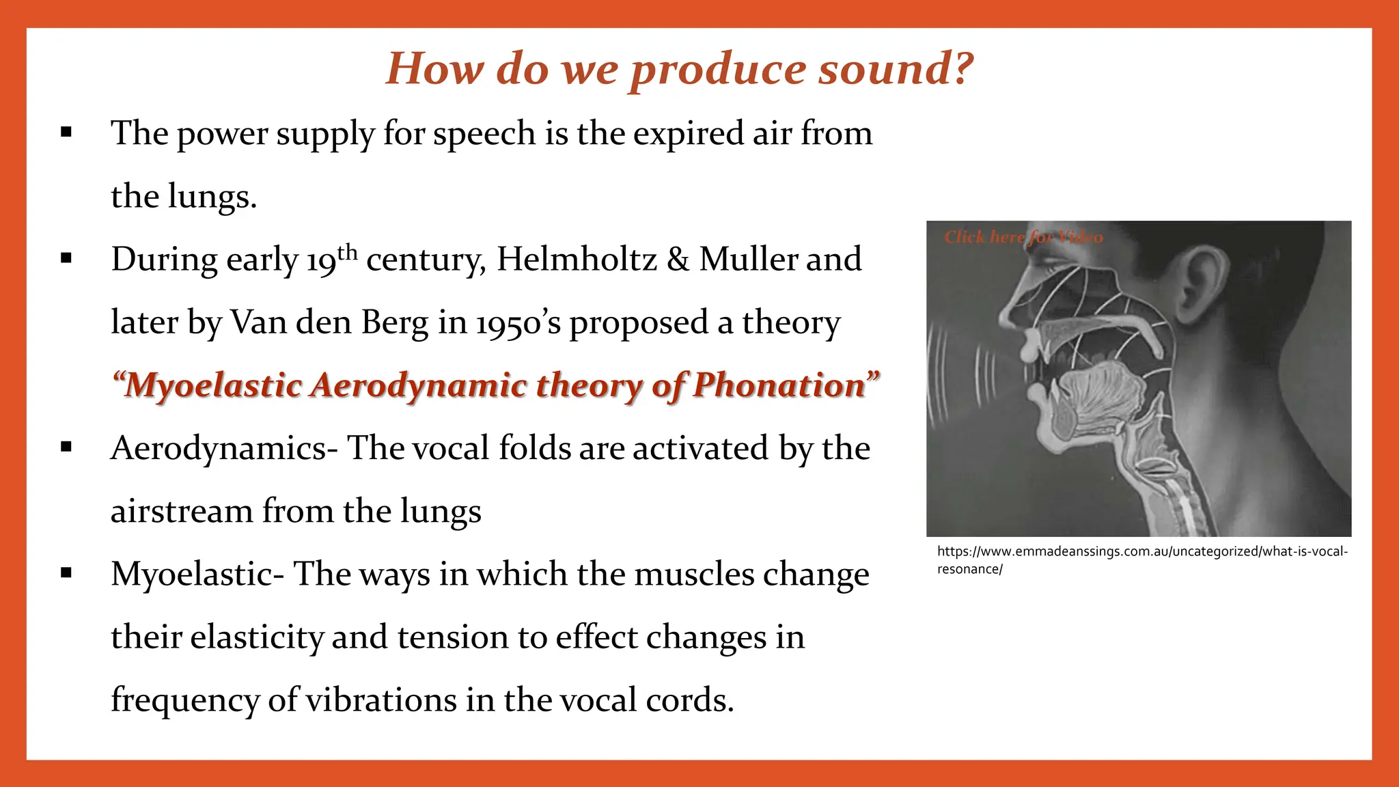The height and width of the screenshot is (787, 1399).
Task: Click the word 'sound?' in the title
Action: click(896, 70)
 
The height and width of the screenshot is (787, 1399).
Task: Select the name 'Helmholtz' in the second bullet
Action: click(577, 260)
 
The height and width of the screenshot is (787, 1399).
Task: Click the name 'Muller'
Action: click(748, 260)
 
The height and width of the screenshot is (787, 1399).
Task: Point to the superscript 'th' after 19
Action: click(348, 252)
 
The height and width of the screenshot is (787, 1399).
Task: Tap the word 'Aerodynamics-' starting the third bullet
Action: click(224, 449)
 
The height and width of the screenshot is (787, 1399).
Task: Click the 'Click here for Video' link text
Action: click(1023, 237)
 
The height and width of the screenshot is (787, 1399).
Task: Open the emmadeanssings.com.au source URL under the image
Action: click(1141, 552)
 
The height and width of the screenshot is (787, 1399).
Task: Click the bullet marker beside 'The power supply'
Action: click(66, 133)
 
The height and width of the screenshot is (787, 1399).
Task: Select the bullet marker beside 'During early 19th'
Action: click(66, 258)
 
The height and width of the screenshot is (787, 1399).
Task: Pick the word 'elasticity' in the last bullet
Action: click(256, 637)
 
